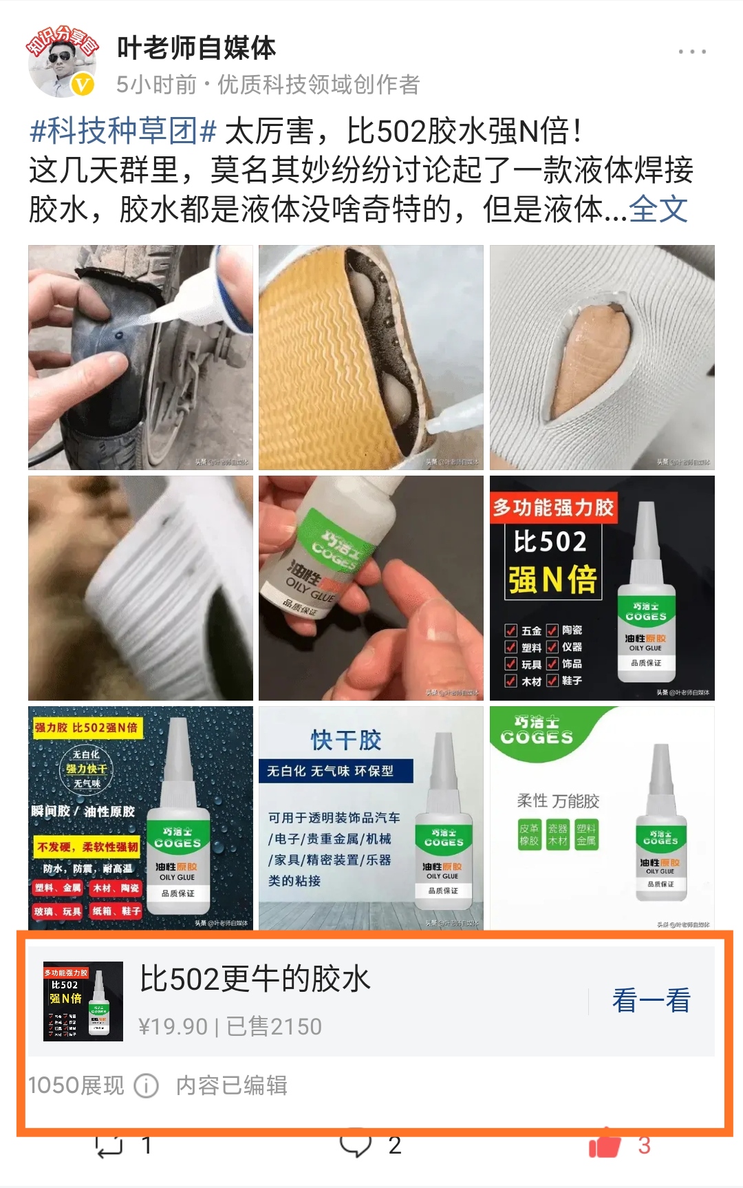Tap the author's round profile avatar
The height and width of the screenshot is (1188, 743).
point(62,63)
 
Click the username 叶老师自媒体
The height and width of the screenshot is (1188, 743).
point(196,48)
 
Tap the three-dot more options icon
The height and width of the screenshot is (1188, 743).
point(691,52)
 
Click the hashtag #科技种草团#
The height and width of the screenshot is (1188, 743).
point(123,131)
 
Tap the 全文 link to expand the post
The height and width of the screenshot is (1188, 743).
point(658,209)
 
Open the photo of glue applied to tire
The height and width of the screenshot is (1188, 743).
point(140,357)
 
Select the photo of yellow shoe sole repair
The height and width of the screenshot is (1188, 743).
point(371,357)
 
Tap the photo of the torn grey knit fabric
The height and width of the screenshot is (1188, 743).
point(602,357)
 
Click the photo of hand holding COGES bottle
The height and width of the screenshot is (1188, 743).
point(371,588)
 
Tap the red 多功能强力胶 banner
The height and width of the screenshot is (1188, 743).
point(553,508)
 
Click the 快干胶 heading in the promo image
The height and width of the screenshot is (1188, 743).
point(346,741)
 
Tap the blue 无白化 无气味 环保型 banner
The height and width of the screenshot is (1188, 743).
point(336,771)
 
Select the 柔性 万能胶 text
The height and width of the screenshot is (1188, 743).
point(558,800)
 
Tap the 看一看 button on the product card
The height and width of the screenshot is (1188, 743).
point(651,1000)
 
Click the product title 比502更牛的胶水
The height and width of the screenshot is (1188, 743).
point(255,979)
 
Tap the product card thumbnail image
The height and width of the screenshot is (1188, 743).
point(83,1001)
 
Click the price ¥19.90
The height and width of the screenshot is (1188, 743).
point(173,1027)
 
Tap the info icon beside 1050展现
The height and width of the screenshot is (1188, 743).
point(146,1086)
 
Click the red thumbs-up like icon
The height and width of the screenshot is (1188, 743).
point(604,1145)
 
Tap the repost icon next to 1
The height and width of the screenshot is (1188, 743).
point(109,1145)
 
